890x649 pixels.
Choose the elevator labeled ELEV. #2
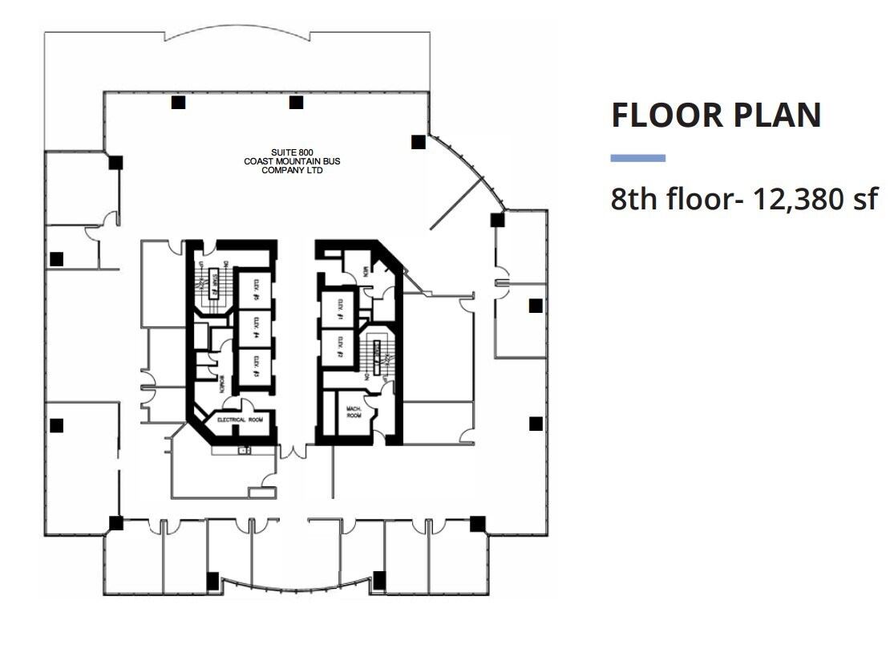tap(338, 346)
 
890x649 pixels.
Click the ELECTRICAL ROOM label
tap(236, 419)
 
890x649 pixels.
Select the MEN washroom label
tap(365, 272)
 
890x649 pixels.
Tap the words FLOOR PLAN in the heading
tap(716, 115)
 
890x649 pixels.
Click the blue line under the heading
tap(637, 158)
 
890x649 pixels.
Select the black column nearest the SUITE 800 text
tap(296, 102)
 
